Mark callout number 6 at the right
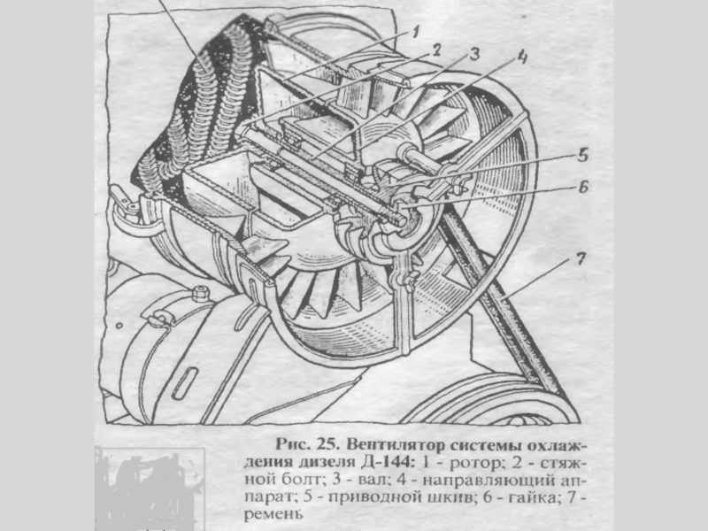[583, 188]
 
